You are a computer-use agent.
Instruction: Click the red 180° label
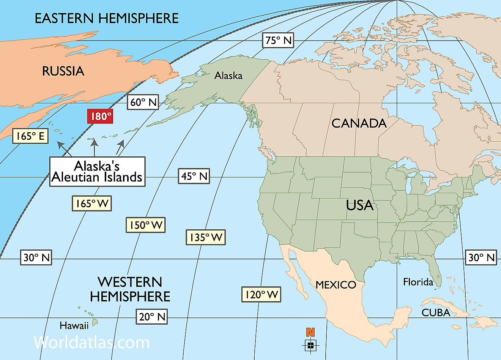pos(100,116)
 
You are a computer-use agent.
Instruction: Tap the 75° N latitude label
pos(279,40)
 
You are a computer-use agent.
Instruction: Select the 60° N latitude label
pos(143,102)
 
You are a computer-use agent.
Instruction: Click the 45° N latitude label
pos(194,176)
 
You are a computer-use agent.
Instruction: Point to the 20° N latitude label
pos(152,316)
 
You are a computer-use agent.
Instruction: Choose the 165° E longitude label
pos(30,136)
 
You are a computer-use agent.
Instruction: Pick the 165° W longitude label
pos(92,204)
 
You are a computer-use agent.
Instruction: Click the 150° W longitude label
pos(145,225)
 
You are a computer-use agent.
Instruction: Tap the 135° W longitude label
pos(206,237)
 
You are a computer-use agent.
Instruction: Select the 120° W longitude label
pos(261,294)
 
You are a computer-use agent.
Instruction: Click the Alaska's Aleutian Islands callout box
pos(97,172)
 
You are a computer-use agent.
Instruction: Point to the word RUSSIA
pos(63,71)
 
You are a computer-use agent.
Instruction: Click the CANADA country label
pos(359,123)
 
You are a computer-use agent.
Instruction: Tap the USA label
pos(360,205)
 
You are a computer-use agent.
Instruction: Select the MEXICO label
pos(336,285)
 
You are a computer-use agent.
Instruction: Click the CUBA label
pos(436,313)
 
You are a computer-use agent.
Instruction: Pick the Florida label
pos(418,282)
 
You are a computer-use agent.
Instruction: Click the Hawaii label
pos(74,325)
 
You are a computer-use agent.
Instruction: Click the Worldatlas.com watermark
pos(92,343)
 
